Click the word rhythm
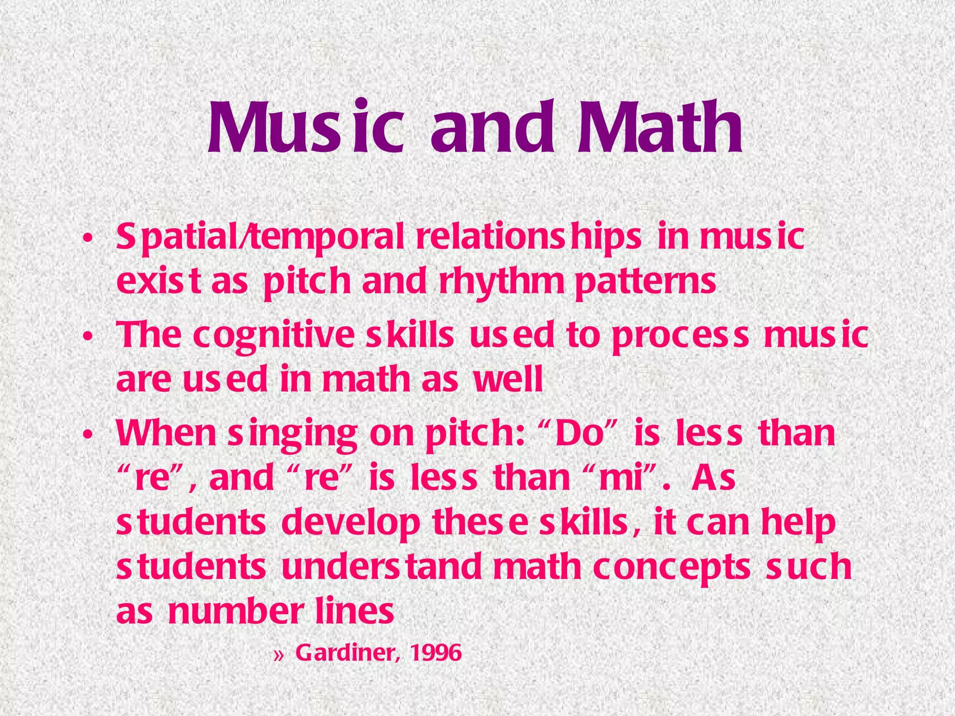click(x=501, y=282)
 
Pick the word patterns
click(x=645, y=282)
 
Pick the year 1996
click(x=436, y=653)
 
